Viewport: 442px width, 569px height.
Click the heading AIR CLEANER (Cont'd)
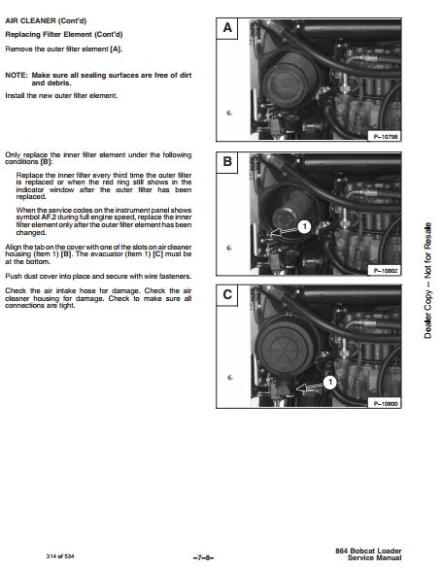coord(46,20)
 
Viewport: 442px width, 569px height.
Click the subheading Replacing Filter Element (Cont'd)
coord(64,35)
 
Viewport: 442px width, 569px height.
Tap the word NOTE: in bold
coord(17,75)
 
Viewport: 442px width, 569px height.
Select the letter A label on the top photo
coord(227,28)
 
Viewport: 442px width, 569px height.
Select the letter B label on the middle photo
coord(227,162)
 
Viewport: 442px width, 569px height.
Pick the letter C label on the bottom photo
coord(227,294)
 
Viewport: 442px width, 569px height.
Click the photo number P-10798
coord(386,137)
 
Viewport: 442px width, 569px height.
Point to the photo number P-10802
coord(386,270)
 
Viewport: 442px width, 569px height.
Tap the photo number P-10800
coord(386,403)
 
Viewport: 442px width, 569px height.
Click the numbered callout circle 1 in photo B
coord(304,227)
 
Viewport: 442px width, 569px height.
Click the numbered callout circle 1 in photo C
coord(330,382)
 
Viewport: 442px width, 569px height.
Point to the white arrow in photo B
coord(284,231)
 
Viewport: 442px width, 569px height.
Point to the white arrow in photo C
coord(310,387)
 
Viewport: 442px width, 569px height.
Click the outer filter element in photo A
coord(289,84)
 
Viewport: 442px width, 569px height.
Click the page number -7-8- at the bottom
coord(203,557)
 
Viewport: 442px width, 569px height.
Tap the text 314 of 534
coord(60,556)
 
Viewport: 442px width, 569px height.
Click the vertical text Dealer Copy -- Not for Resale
coord(428,281)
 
